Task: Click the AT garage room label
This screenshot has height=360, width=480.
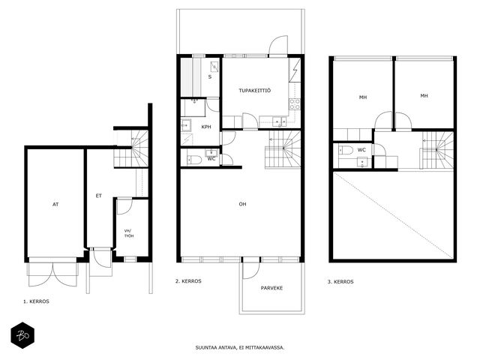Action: [x=55, y=204]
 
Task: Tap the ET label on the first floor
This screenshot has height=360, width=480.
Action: [x=98, y=196]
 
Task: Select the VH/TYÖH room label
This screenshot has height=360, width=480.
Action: [x=129, y=233]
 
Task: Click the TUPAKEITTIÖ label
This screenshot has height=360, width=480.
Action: [x=255, y=91]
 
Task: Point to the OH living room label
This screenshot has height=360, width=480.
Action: [x=242, y=204]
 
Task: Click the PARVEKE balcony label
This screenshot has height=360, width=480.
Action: [x=271, y=288]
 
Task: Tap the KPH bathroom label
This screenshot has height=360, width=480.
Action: [x=206, y=127]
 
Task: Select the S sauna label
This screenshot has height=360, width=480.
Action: [x=210, y=76]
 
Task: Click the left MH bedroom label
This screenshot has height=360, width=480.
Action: [x=363, y=97]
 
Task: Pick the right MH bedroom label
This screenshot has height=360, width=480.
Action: [x=424, y=96]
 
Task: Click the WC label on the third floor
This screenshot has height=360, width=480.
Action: [x=361, y=150]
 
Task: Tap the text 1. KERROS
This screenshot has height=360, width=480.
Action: [x=36, y=301]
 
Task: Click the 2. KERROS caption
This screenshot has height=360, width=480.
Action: [x=188, y=281]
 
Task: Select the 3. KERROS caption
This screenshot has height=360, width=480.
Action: [x=340, y=282]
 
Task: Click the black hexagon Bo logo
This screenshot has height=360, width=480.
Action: [x=22, y=335]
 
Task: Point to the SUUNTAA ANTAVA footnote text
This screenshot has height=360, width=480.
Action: [x=240, y=348]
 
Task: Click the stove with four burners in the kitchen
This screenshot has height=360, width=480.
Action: [x=295, y=104]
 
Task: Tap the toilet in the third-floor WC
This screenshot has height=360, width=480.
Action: [x=346, y=150]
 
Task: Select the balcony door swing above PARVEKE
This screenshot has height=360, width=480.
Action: [x=250, y=271]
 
